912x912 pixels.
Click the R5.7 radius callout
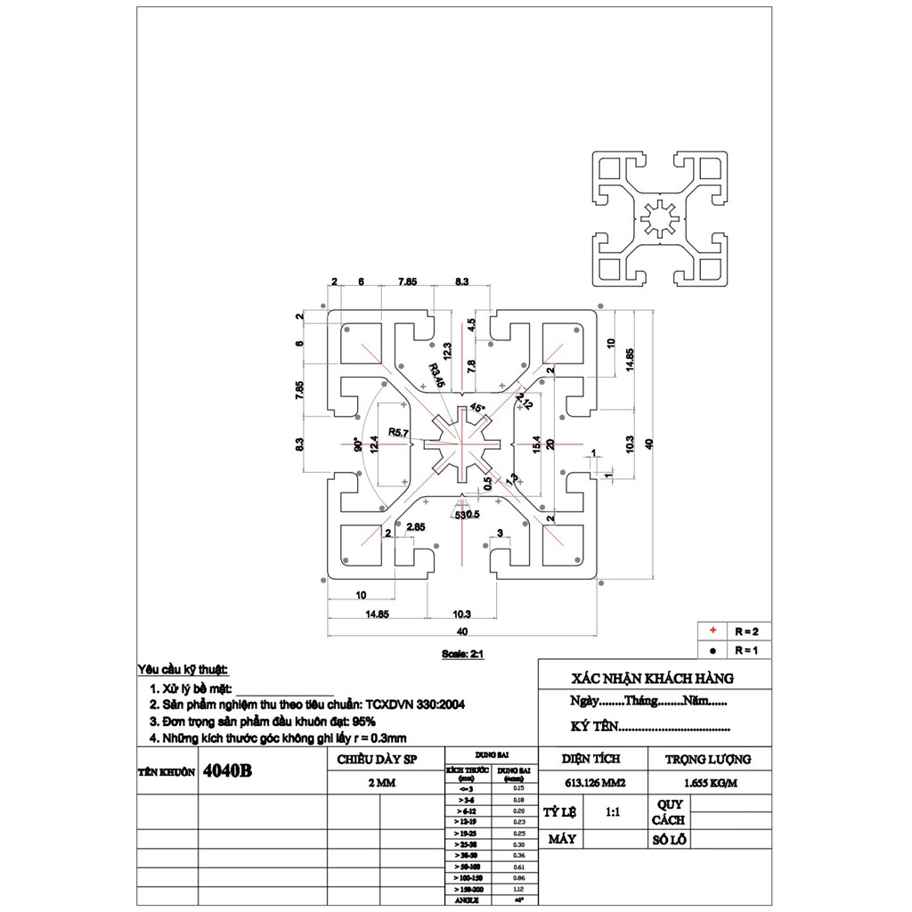[x=398, y=434]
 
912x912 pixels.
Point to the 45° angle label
[x=478, y=408]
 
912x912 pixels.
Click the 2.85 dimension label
[x=415, y=527]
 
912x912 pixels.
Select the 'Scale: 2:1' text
[x=462, y=653]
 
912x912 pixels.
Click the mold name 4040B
[x=228, y=771]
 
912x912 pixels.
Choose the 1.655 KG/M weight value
[x=709, y=784]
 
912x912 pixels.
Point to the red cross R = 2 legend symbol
[x=712, y=631]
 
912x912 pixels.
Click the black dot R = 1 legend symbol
[x=712, y=649]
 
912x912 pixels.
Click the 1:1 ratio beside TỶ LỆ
[x=613, y=813]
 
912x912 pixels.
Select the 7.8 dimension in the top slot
[x=471, y=365]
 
